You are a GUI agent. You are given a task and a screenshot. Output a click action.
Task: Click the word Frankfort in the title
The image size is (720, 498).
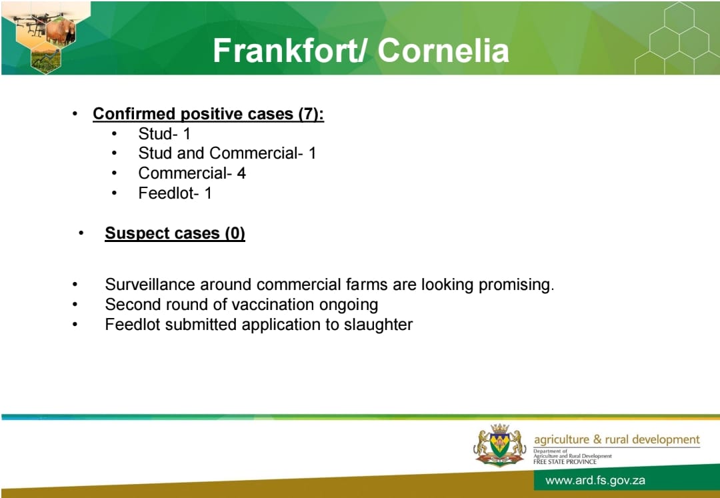point(285,50)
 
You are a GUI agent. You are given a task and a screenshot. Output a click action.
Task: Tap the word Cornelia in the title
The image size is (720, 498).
point(443,50)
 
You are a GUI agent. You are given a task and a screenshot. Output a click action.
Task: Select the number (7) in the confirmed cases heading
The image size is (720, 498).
point(311,114)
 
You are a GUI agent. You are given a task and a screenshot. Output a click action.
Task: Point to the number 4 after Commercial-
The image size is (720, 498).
point(241,173)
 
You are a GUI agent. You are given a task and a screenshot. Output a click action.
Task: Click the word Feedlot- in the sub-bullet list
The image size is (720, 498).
point(169,193)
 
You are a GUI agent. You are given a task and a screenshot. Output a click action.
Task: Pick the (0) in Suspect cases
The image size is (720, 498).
point(235,233)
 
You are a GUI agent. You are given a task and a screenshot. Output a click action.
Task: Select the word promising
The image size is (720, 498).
point(517,285)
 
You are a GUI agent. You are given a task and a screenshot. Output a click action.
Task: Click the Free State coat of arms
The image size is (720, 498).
point(499,445)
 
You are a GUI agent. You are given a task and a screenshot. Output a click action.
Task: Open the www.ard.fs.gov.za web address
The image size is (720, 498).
point(595,481)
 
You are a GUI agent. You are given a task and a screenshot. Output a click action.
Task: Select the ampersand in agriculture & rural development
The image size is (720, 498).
point(597,439)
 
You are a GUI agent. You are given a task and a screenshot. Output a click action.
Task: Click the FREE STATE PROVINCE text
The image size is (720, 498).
point(565,462)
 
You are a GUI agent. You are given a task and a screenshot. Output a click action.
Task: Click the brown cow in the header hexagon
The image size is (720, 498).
point(60,32)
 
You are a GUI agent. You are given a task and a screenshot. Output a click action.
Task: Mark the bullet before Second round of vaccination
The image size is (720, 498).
point(75,304)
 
